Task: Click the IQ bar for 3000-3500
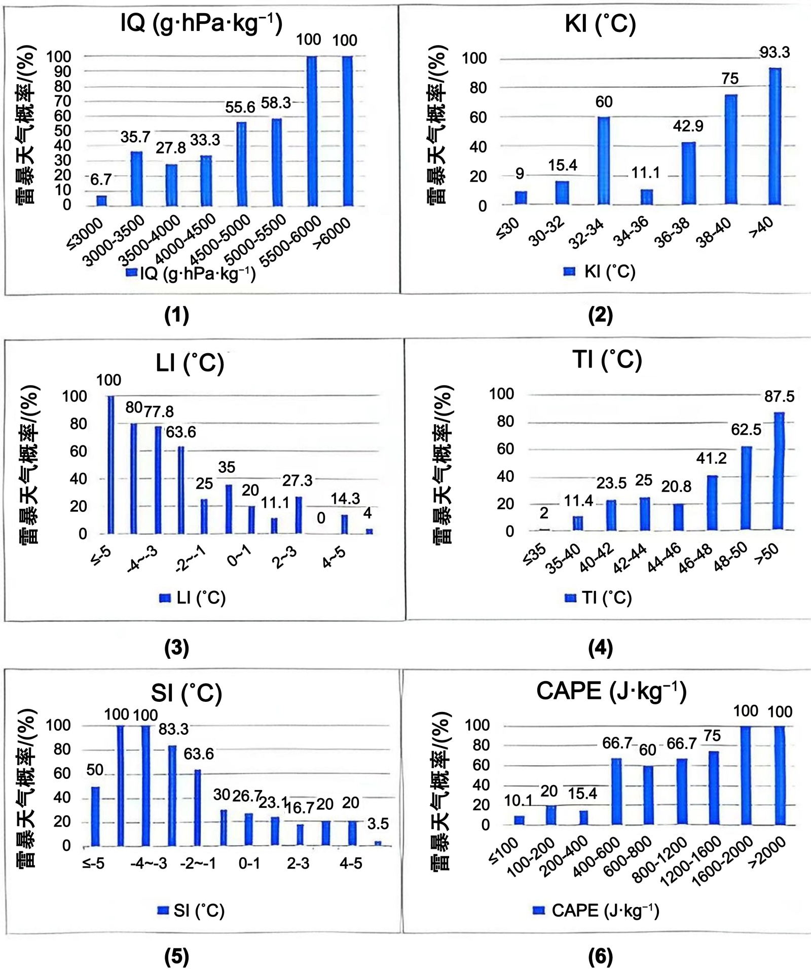(x=137, y=178)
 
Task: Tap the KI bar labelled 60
(x=603, y=160)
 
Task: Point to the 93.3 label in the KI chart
(x=774, y=52)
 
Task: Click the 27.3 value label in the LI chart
(x=297, y=480)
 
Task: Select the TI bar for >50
(x=779, y=471)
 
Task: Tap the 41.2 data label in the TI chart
(x=711, y=458)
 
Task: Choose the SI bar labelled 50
(x=95, y=816)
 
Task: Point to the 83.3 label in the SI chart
(x=173, y=729)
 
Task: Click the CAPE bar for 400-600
(x=616, y=791)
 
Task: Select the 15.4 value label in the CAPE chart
(x=582, y=794)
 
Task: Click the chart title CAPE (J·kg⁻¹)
(x=611, y=691)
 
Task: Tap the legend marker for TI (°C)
(x=570, y=598)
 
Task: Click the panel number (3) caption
(x=176, y=648)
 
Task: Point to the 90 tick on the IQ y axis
(x=63, y=71)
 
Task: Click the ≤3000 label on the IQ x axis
(x=85, y=234)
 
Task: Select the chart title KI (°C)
(x=600, y=24)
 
